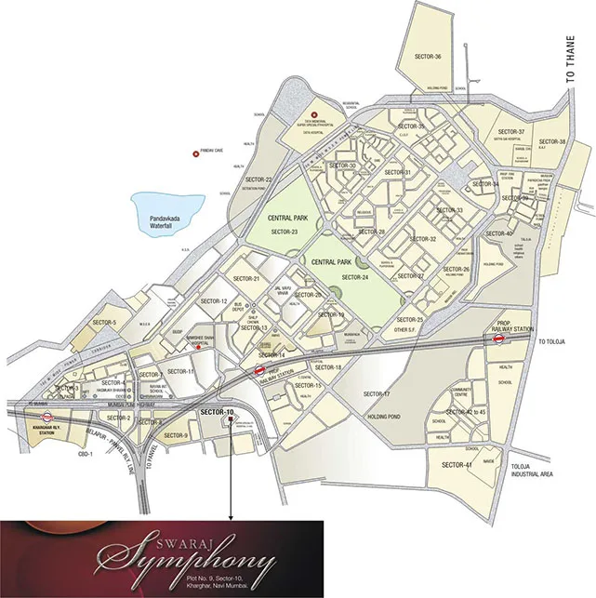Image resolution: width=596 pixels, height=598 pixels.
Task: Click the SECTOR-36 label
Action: [425, 57]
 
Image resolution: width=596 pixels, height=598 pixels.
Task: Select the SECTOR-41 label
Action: [456, 464]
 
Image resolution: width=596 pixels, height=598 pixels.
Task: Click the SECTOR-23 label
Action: [280, 232]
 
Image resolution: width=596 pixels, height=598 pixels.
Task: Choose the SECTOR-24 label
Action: [356, 277]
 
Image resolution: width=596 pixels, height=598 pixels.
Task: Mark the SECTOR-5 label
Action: [104, 323]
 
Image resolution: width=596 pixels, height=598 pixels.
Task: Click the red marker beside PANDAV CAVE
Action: [194, 153]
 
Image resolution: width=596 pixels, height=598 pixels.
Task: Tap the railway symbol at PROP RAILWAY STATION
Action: [498, 339]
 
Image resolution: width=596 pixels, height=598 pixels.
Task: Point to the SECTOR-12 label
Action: [212, 301]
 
